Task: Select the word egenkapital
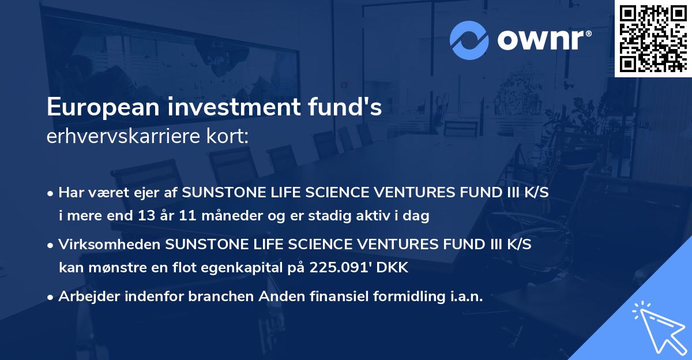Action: click(243, 268)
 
